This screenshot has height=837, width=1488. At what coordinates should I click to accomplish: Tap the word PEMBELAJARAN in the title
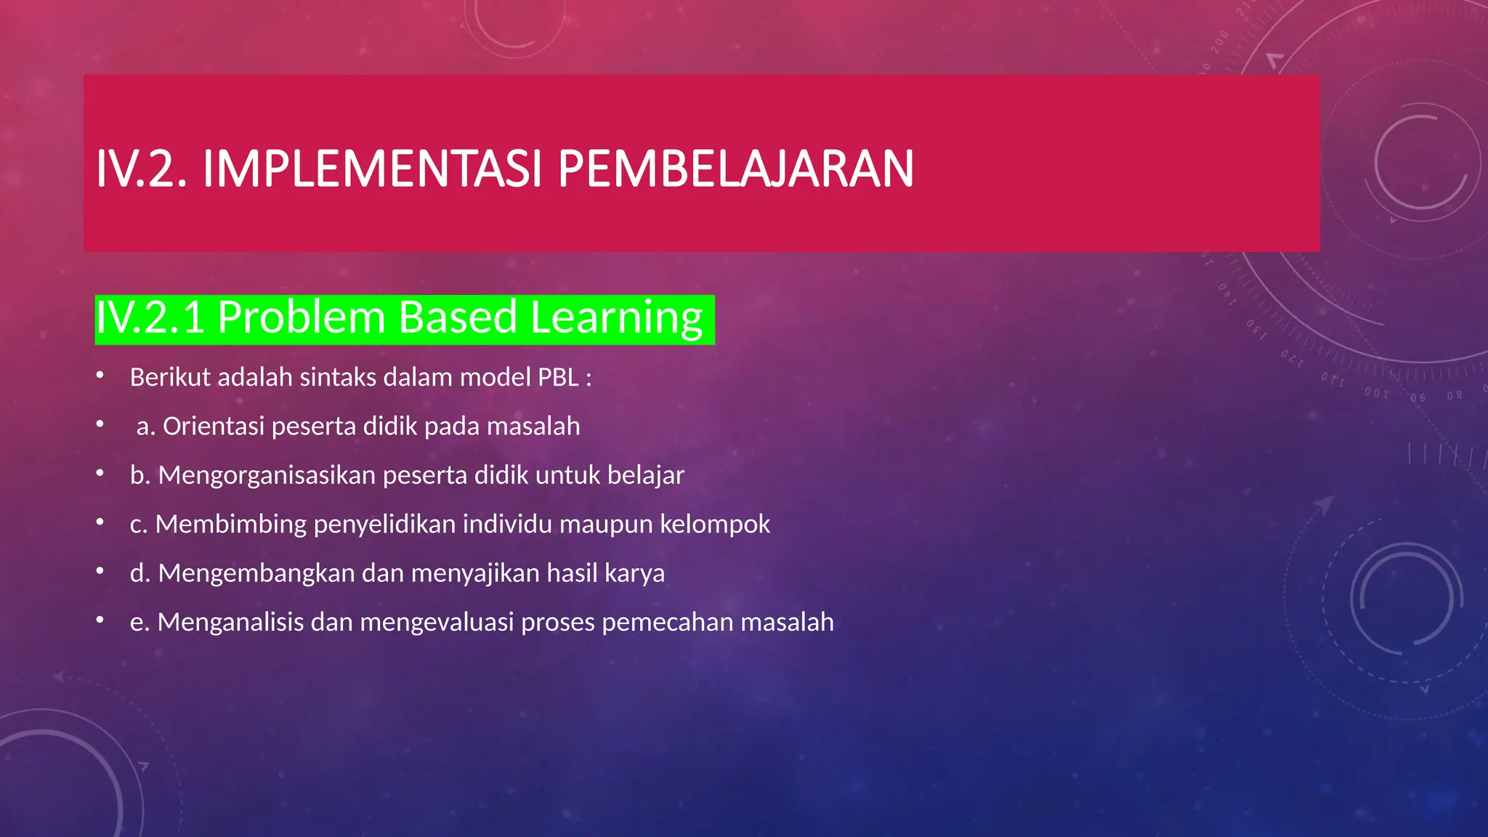[735, 169]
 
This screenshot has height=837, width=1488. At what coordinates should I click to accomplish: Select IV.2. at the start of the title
[142, 169]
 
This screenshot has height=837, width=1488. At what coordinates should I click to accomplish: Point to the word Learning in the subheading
[616, 318]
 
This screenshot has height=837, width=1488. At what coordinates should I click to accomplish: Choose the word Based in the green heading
[457, 318]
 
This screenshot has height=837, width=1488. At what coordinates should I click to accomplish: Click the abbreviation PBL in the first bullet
[558, 378]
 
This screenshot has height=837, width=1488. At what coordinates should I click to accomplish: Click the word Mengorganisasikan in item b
[267, 475]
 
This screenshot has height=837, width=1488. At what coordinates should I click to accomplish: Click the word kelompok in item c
[715, 524]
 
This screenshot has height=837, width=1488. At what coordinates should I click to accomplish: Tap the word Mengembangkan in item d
[256, 573]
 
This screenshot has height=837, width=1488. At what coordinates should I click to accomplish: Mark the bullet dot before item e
[100, 620]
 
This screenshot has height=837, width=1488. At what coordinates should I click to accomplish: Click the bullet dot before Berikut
[100, 376]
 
